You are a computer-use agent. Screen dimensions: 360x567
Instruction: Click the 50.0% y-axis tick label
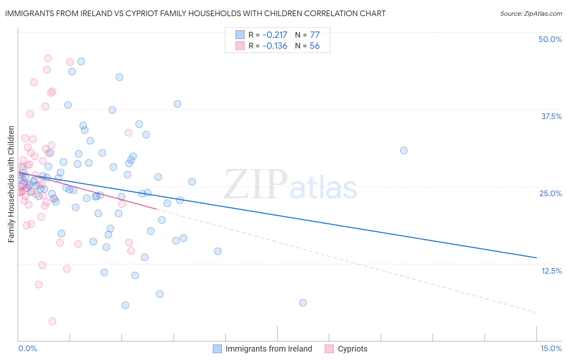pyautogui.click(x=550, y=39)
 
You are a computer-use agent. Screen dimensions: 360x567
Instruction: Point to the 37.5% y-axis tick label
pyautogui.click(x=551, y=116)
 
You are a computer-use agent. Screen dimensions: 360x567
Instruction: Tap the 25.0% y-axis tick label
pyautogui.click(x=550, y=193)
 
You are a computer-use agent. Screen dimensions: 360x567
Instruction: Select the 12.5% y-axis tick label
pyautogui.click(x=551, y=271)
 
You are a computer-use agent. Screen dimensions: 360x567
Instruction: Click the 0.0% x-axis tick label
pyautogui.click(x=27, y=348)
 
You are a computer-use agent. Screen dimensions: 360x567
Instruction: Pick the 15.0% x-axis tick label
pyautogui.click(x=551, y=348)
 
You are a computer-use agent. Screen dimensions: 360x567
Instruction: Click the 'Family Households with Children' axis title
pyautogui.click(x=11, y=184)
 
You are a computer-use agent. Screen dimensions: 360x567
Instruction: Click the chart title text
pyautogui.click(x=195, y=13)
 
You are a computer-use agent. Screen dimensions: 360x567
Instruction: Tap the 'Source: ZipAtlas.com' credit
pyautogui.click(x=531, y=13)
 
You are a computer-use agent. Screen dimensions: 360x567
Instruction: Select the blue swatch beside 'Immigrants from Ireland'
pyautogui.click(x=217, y=349)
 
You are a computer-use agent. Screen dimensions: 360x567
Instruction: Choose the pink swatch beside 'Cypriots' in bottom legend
pyautogui.click(x=329, y=349)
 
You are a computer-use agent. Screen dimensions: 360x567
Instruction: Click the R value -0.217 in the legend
pyautogui.click(x=275, y=35)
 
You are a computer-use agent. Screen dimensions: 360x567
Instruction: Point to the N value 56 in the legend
pyautogui.click(x=315, y=46)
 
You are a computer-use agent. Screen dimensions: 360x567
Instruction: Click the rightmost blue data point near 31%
pyautogui.click(x=404, y=150)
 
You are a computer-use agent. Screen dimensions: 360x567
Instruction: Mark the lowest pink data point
pyautogui.click(x=52, y=321)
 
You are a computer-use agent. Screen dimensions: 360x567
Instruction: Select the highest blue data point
pyautogui.click(x=81, y=61)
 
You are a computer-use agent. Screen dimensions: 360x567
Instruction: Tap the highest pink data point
pyautogui.click(x=48, y=58)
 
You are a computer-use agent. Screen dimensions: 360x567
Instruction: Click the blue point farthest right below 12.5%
pyautogui.click(x=303, y=303)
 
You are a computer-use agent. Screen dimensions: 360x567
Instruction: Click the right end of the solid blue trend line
pyautogui.click(x=537, y=257)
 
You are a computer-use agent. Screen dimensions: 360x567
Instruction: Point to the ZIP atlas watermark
pyautogui.click(x=290, y=185)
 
